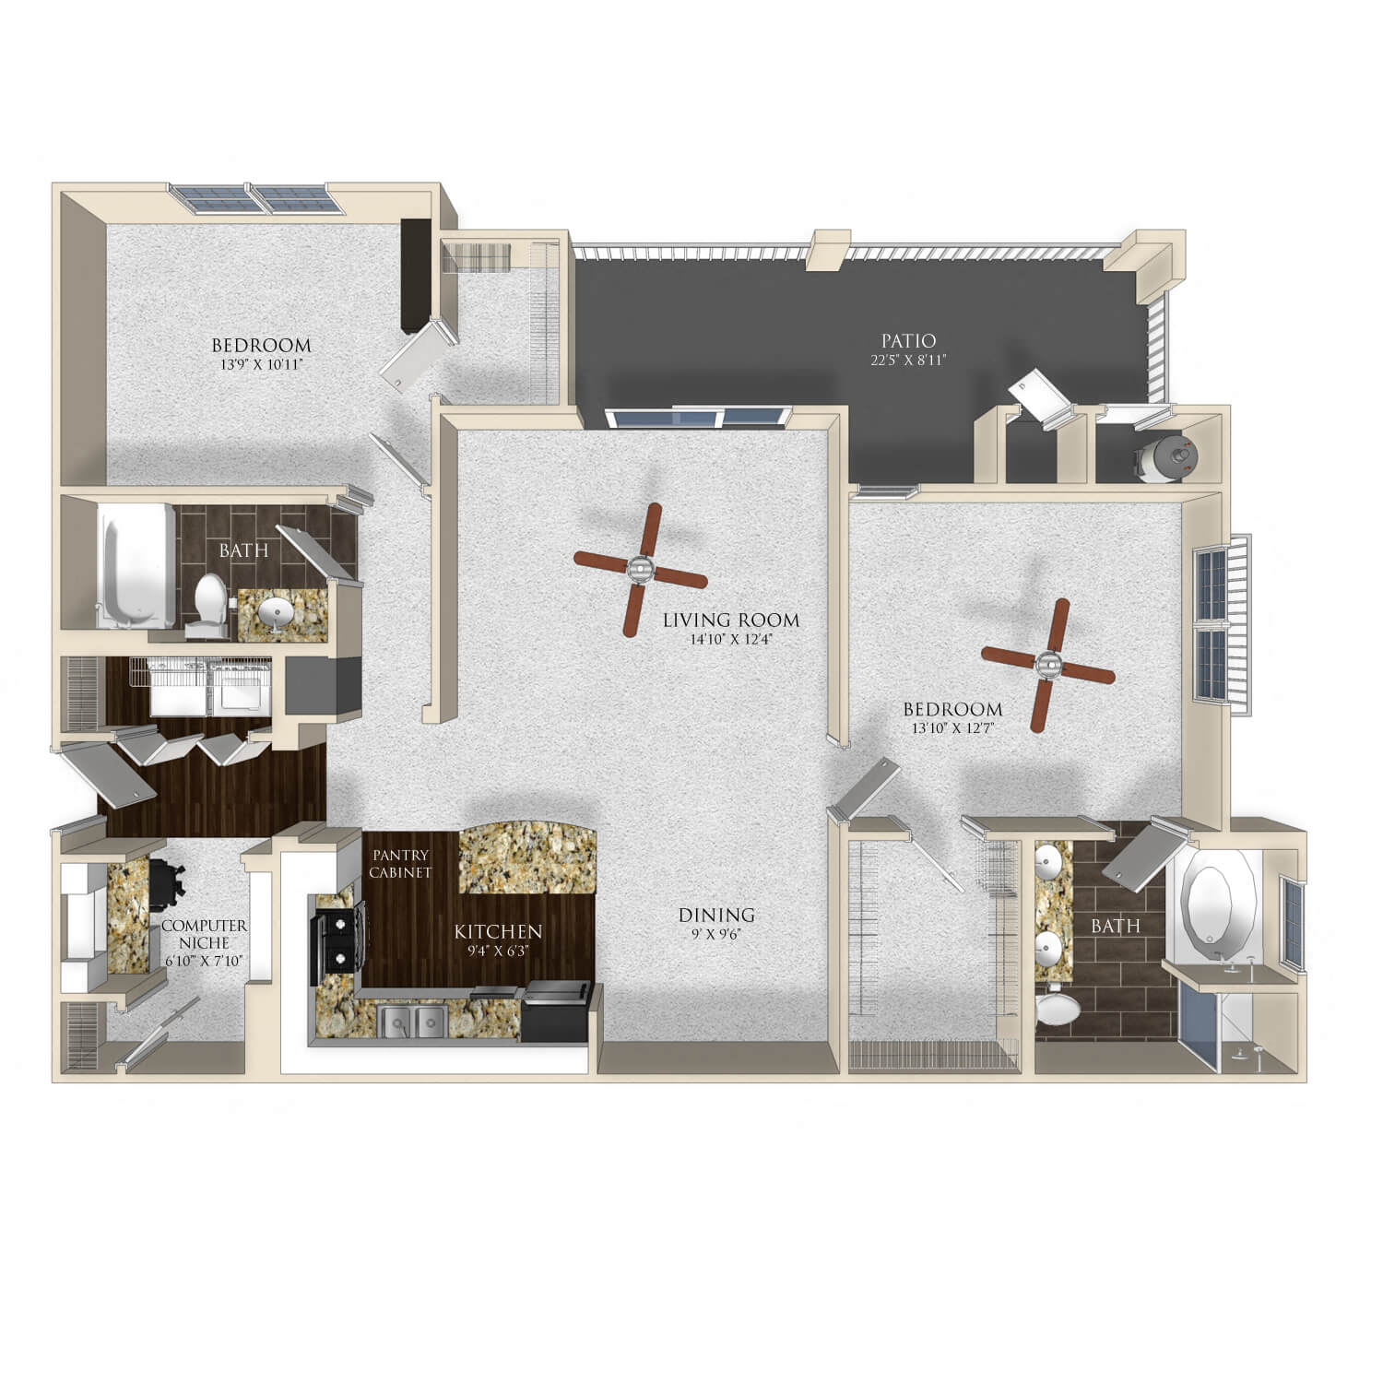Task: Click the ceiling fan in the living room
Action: tap(641, 570)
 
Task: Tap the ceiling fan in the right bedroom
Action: tap(1048, 665)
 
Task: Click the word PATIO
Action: tap(908, 341)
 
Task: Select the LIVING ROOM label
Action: tap(731, 621)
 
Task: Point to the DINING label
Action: tap(716, 915)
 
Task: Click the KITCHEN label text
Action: tap(498, 932)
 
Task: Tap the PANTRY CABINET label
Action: tap(401, 864)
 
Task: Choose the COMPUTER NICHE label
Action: tap(204, 934)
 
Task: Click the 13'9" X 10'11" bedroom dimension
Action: tap(261, 364)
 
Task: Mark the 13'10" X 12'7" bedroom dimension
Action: tap(952, 727)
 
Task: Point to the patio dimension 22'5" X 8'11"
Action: tap(908, 361)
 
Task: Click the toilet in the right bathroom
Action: tap(1058, 1008)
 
